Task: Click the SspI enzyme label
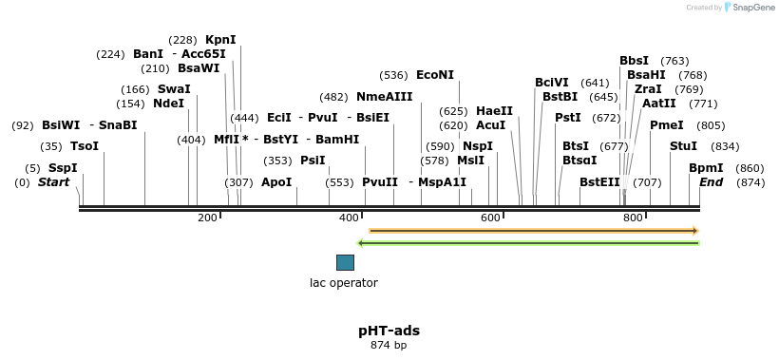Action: click(x=63, y=168)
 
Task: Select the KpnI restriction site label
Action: click(x=220, y=40)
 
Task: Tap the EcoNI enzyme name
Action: click(x=435, y=75)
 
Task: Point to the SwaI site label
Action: click(x=174, y=89)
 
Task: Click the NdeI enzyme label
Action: click(x=168, y=104)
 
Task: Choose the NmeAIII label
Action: click(x=384, y=97)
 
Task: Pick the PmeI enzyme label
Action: click(x=666, y=125)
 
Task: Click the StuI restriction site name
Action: click(x=683, y=146)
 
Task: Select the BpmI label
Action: click(x=705, y=168)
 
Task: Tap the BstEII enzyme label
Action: click(x=599, y=182)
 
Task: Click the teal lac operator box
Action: click(x=345, y=262)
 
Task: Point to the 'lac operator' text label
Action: click(x=344, y=283)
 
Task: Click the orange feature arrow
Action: click(x=533, y=231)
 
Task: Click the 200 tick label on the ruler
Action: click(x=207, y=218)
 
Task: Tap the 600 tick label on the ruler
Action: click(x=489, y=218)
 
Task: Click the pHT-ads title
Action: click(x=389, y=331)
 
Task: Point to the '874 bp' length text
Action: click(x=389, y=346)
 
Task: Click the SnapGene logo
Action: click(x=750, y=8)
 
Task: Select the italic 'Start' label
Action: click(x=53, y=182)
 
